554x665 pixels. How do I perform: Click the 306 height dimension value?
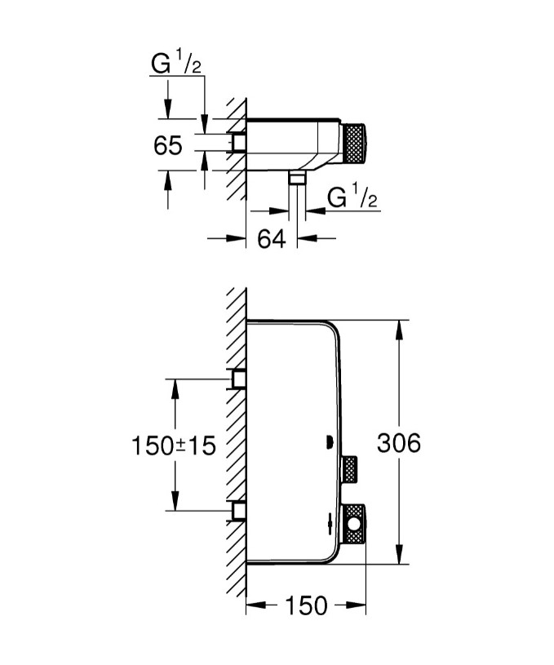tap(398, 443)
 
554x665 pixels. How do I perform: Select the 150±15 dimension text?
tap(174, 446)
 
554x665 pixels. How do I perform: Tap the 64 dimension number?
tap(271, 239)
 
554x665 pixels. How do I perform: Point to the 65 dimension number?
tap(167, 145)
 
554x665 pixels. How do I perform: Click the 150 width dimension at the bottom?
tap(306, 605)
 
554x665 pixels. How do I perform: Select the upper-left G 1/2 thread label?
tap(176, 64)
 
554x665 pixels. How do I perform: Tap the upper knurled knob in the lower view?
tap(351, 468)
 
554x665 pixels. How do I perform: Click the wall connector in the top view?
tap(239, 144)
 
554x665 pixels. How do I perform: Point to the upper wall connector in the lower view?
tap(239, 379)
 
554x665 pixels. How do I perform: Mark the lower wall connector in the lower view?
tap(239, 511)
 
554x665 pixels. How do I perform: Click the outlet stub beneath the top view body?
tap(297, 178)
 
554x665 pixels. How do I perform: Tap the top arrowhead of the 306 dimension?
tap(399, 327)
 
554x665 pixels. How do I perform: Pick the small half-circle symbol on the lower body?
tap(328, 443)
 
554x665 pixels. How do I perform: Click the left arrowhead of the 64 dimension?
tap(238, 238)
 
